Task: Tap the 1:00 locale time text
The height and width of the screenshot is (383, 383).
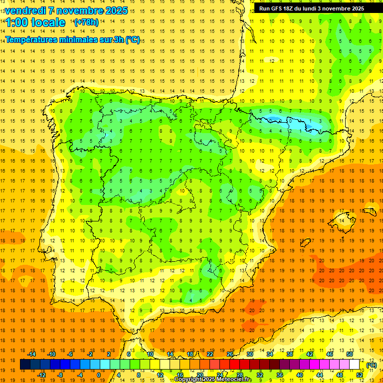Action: click(36, 22)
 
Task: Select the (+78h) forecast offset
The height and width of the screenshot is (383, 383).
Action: click(86, 22)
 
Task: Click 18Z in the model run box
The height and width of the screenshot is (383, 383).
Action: click(295, 8)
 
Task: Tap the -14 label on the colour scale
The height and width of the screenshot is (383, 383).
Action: click(32, 354)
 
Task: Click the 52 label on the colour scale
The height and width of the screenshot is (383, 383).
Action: click(360, 375)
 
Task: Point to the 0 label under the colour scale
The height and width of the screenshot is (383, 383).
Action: click(98, 375)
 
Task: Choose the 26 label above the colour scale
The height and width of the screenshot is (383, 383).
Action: click(230, 354)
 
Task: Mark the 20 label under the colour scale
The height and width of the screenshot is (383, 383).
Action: click(200, 375)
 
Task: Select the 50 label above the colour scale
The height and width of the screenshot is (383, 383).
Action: click(350, 354)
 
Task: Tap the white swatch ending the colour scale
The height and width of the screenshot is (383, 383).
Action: click(355, 365)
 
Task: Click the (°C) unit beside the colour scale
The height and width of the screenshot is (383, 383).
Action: click(371, 365)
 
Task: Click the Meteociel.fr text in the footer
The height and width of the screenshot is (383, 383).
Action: click(234, 380)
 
